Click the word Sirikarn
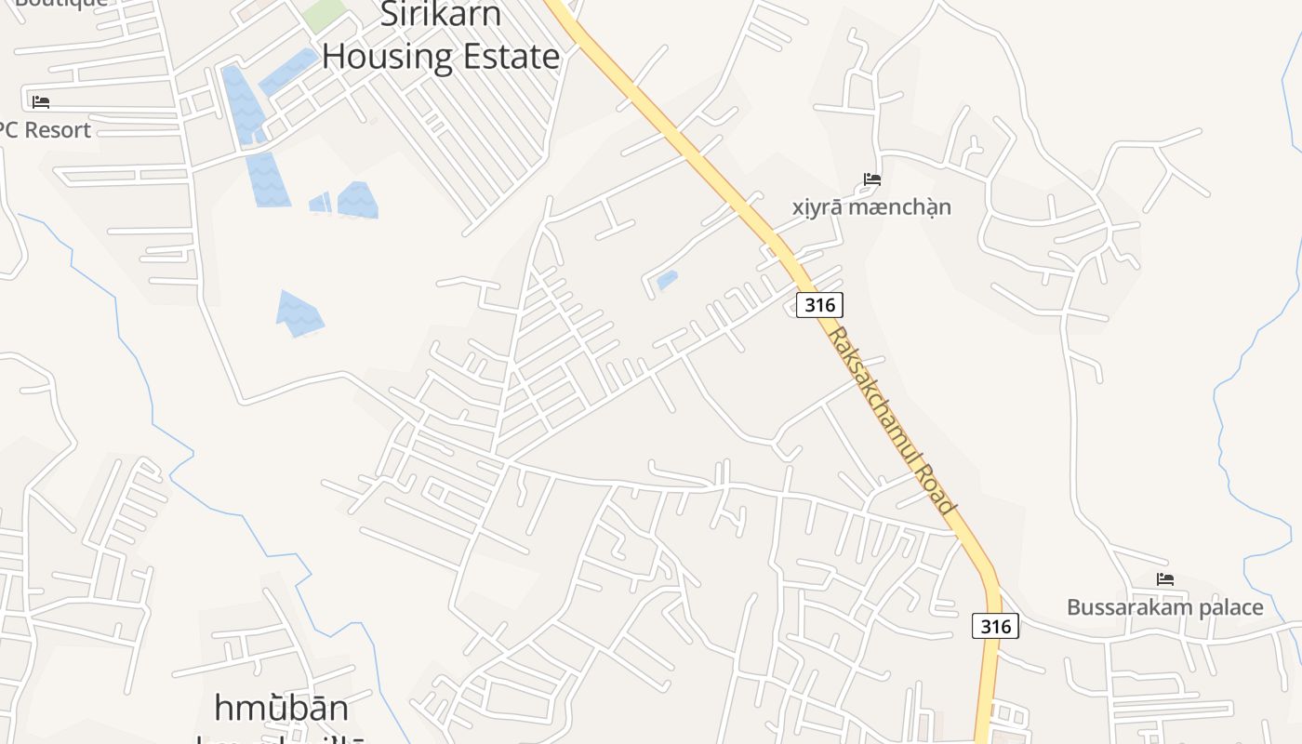(x=442, y=14)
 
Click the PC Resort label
(x=45, y=130)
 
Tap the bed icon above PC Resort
(x=40, y=101)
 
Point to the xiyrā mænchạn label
(x=871, y=206)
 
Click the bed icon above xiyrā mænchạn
(x=871, y=179)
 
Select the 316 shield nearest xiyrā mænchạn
(x=818, y=304)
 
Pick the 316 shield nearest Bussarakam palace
(x=995, y=626)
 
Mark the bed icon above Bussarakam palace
(x=1164, y=578)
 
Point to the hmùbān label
(x=281, y=708)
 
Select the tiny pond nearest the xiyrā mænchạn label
(x=667, y=280)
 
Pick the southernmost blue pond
(x=299, y=312)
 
